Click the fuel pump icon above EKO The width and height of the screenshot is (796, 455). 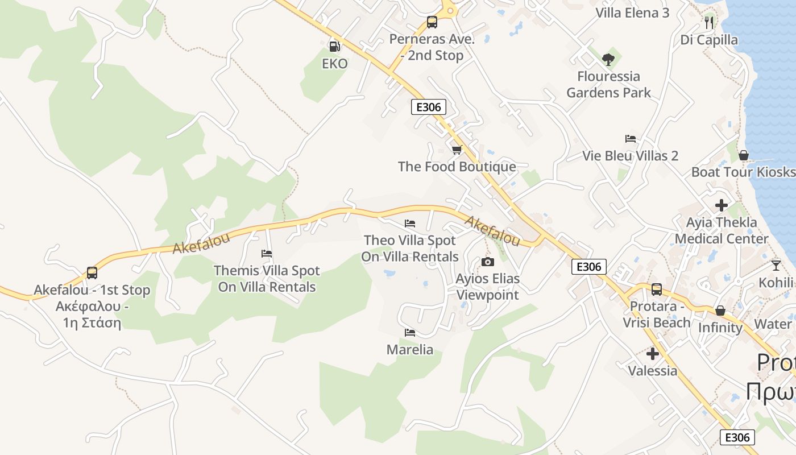(x=334, y=47)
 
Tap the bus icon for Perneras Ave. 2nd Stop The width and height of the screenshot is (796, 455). (x=432, y=22)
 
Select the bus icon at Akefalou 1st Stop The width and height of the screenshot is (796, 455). (x=92, y=273)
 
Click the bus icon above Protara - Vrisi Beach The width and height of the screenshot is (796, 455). (x=657, y=289)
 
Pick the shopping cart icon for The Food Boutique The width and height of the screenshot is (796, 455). (x=457, y=150)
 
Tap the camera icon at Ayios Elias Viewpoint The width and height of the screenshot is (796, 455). (x=487, y=262)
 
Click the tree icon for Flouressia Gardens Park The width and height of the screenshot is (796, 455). (x=608, y=59)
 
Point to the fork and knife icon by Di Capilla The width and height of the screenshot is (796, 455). (x=708, y=22)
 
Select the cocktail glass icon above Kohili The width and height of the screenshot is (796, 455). (x=776, y=265)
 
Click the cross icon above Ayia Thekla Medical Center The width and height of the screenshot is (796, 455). (x=722, y=205)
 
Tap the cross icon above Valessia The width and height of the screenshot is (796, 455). (x=653, y=354)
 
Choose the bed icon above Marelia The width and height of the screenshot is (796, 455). (x=409, y=332)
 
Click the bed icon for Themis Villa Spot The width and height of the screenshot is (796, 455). (x=267, y=254)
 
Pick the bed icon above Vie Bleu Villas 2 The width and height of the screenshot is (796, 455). (x=630, y=139)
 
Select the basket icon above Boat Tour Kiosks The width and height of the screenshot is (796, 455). (x=743, y=155)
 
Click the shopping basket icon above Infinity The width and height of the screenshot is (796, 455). (x=720, y=311)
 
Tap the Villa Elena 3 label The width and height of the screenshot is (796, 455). (x=632, y=13)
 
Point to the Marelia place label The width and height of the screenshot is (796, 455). (x=409, y=350)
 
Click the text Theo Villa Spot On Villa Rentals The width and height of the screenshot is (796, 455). (x=409, y=249)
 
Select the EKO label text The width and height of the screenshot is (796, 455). (x=334, y=64)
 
